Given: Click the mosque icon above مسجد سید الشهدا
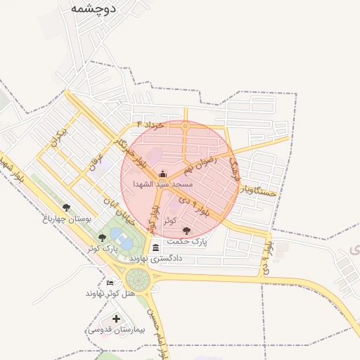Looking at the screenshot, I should [163, 174].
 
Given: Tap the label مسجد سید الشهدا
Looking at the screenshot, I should [163, 184].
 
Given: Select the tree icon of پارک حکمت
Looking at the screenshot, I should [186, 230].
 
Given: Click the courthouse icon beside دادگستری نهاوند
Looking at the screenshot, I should [155, 247].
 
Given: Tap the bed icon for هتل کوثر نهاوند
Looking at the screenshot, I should [109, 283].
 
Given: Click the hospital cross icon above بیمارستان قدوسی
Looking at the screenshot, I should [116, 319].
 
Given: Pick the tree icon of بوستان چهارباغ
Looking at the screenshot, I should [66, 207].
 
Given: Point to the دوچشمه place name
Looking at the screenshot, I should [94, 8].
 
